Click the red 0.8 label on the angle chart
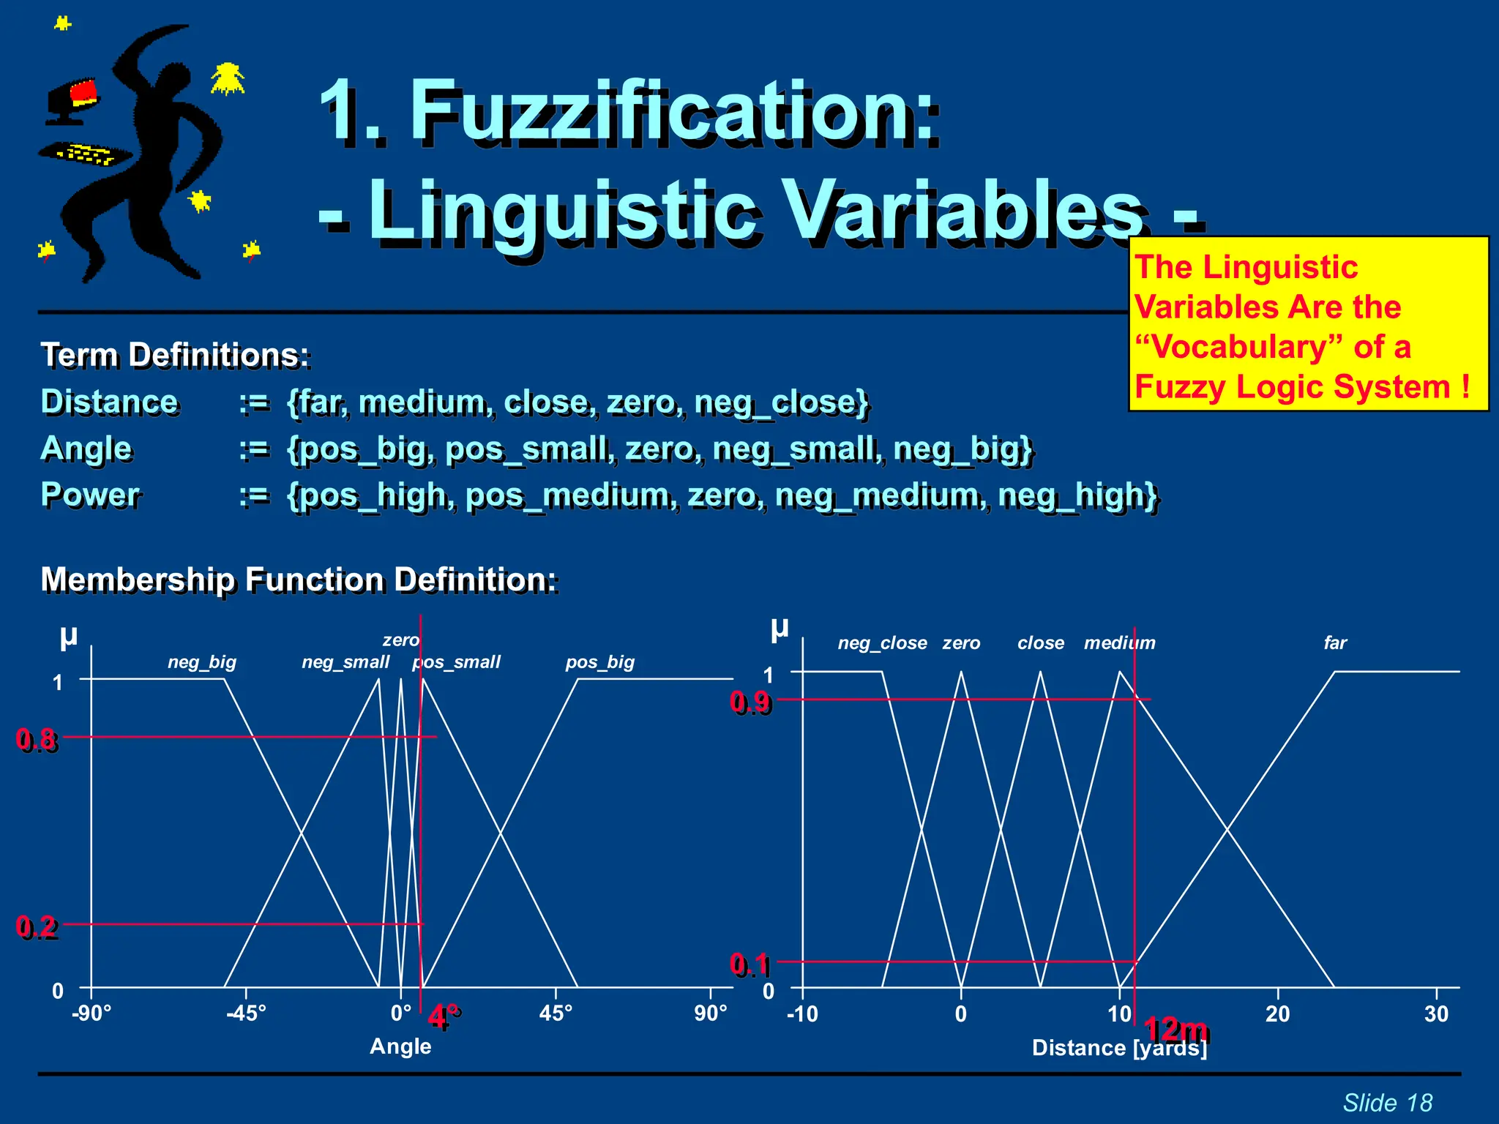pos(37,740)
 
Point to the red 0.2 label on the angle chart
pos(37,927)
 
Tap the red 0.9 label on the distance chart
pos(750,702)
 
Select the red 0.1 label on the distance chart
pos(750,964)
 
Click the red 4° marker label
pos(444,1017)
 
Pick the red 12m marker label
pos(1176,1030)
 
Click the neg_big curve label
pos(202,662)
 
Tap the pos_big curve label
pos(599,662)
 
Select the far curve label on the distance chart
pos(1335,643)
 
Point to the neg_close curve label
pos(882,643)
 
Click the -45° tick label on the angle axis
pos(246,1014)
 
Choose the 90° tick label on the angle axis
pos(711,1014)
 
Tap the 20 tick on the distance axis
pos(1277,1014)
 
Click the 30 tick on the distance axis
pos(1436,1014)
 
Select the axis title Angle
pos(400,1046)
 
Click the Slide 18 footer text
pos(1387,1103)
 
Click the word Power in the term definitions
pos(91,495)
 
